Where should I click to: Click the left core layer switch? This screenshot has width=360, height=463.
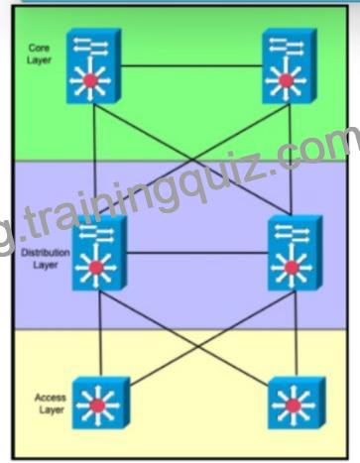pos(94,66)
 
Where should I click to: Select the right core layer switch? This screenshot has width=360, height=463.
pos(290,66)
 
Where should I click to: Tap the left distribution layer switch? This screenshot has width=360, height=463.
pos(99,253)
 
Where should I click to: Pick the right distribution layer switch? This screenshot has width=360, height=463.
pos(296,253)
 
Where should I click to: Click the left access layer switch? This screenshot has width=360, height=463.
pos(101,403)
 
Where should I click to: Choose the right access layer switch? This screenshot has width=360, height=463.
pos(297,403)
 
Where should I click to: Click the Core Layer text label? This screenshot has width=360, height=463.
pos(39,54)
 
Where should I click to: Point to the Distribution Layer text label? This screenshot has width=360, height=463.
pos(46,259)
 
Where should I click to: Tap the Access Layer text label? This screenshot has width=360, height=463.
pos(51,404)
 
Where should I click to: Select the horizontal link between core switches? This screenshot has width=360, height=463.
pos(191,66)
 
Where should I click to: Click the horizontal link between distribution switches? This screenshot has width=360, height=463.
pos(197,253)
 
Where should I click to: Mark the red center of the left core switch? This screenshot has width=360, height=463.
pos(90,80)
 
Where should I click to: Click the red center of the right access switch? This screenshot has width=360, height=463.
pos(293,405)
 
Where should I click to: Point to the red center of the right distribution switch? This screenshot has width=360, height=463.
pos(292,268)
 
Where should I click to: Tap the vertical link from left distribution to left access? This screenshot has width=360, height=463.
pos(100,334)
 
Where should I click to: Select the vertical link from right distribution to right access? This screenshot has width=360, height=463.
pos(296,334)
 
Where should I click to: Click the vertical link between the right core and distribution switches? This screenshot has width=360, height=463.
pos(291,160)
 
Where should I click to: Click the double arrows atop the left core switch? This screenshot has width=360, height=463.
pos(90,46)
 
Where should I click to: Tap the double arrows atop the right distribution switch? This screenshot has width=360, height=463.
pos(292,233)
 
